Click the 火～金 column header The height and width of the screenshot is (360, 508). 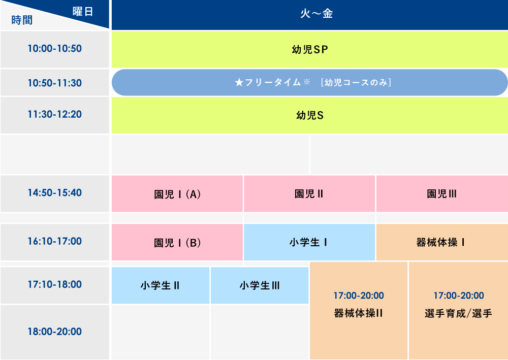point(309,14)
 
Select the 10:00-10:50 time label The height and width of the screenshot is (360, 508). point(55,49)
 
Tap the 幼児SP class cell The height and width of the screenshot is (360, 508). point(309,49)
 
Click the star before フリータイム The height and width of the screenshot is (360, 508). point(239,83)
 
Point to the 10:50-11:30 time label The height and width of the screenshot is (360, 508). point(55,83)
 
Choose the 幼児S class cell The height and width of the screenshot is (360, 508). point(309,115)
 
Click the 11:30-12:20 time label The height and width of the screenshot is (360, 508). point(55,114)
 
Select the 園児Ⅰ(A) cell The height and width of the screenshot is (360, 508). point(177,193)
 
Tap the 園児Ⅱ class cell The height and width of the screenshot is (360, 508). point(309,193)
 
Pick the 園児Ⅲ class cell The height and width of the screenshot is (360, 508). point(441,193)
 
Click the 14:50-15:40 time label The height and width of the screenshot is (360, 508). point(55,193)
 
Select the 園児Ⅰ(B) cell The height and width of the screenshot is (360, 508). point(177,242)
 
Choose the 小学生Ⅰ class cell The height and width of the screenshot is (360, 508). point(309,242)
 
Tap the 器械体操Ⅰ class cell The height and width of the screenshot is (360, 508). point(441,242)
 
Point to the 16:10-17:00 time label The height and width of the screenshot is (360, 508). point(55,241)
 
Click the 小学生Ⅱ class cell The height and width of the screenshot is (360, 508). point(161,285)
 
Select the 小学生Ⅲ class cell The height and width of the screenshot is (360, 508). point(260,285)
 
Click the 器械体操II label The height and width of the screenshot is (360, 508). point(358,313)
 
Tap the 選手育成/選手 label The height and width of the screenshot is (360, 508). point(458,313)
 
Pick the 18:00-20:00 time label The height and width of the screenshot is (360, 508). point(55,332)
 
